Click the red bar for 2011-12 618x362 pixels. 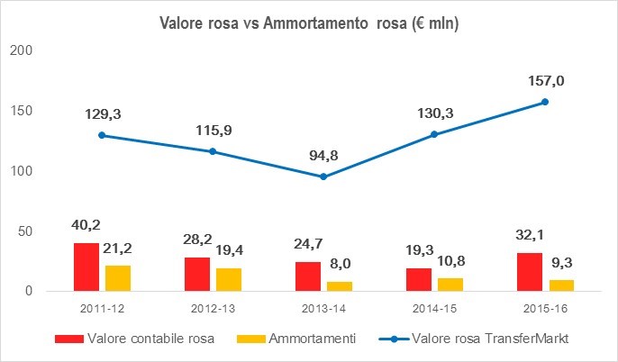click(86, 267)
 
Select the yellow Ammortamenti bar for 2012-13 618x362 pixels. click(228, 279)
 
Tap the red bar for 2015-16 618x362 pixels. click(529, 272)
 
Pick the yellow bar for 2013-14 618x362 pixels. click(339, 286)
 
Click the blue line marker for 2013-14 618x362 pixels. click(323, 176)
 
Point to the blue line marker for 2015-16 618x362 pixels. click(544, 102)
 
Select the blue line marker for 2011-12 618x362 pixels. click(102, 135)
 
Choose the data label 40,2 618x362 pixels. click(86, 227)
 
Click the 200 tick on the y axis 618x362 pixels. click(22, 51)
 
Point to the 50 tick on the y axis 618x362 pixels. click(25, 231)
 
